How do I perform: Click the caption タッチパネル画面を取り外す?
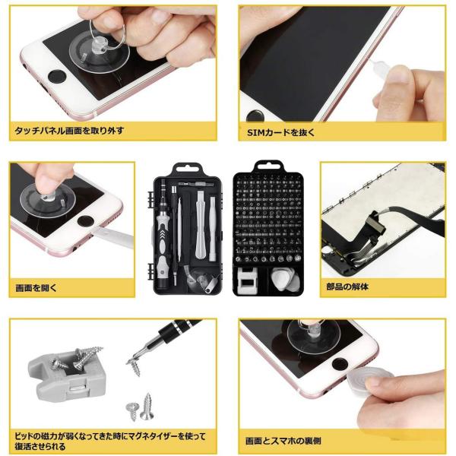(x=69, y=131)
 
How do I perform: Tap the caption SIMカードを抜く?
(x=280, y=132)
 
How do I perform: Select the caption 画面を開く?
(x=36, y=288)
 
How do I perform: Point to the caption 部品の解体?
(x=347, y=287)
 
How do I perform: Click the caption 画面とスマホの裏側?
(x=283, y=441)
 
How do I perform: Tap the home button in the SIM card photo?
(x=255, y=116)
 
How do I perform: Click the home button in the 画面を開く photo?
(x=85, y=220)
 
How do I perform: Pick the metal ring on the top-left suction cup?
(x=107, y=34)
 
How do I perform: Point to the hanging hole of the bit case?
(x=268, y=165)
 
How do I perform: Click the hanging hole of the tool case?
(x=186, y=168)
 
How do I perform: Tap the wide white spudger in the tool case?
(x=199, y=224)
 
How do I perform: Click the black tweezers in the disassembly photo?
(x=413, y=219)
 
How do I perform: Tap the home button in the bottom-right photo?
(x=340, y=364)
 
